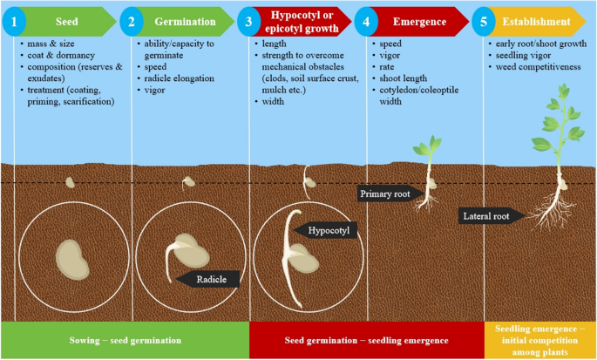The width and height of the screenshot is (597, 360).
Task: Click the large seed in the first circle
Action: click(x=73, y=259)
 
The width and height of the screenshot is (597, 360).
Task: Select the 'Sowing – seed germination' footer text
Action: click(x=124, y=339)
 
